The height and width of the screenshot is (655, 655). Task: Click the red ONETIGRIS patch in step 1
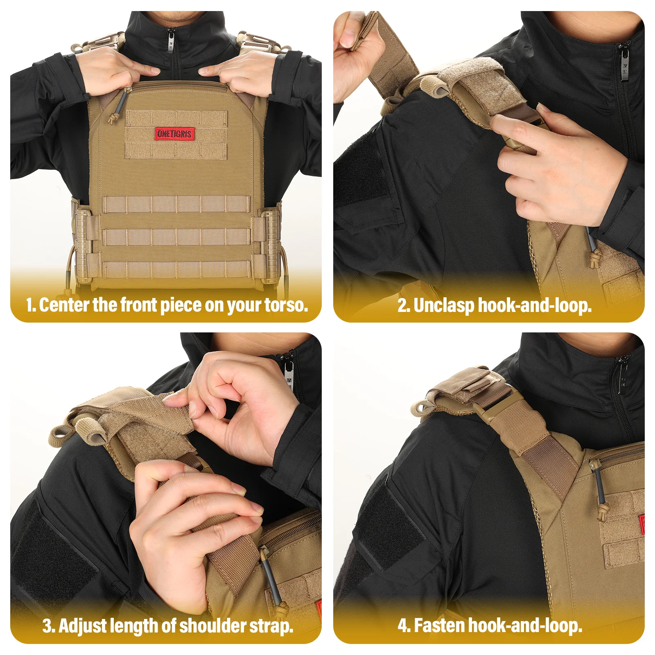click(174, 133)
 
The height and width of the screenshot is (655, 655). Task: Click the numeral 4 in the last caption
click(403, 626)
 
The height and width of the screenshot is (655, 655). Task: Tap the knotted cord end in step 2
click(594, 259)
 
